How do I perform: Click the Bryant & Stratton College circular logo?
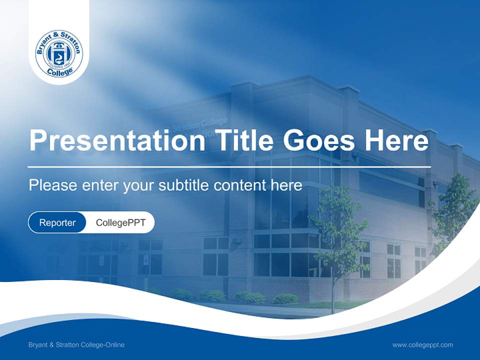pyautogui.click(x=59, y=53)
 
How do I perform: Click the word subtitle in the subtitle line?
pyautogui.click(x=183, y=185)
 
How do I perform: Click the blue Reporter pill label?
pyautogui.click(x=57, y=222)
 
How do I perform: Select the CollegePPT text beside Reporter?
pyautogui.click(x=120, y=222)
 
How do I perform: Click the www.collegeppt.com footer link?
pyautogui.click(x=422, y=344)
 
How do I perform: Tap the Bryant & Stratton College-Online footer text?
pyautogui.click(x=76, y=344)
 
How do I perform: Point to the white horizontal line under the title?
pyautogui.click(x=229, y=166)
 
